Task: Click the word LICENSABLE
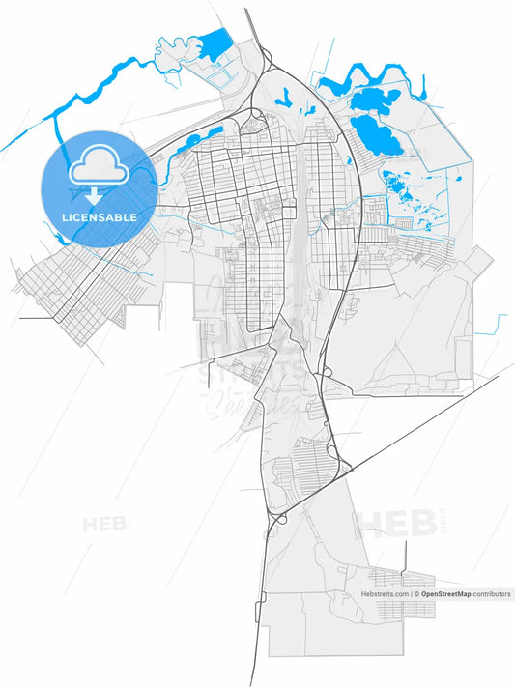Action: tap(98, 217)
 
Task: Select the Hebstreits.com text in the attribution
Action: tap(386, 594)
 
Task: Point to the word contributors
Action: tap(492, 594)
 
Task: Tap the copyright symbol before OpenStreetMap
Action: tap(416, 594)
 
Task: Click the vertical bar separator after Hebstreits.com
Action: tap(412, 594)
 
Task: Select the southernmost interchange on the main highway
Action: tap(274, 520)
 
